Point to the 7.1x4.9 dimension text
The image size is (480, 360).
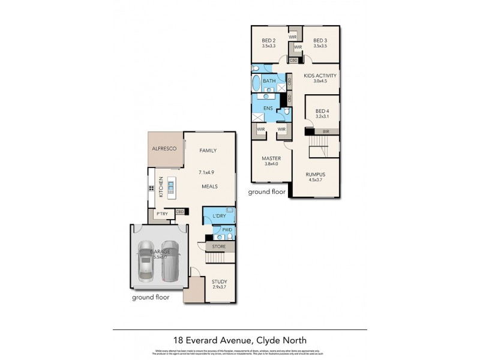pos(206,172)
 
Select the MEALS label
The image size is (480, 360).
pos(209,187)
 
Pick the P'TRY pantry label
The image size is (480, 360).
pos(161,214)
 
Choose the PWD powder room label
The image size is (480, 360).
pos(227,230)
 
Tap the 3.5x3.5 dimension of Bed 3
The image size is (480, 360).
pos(321,46)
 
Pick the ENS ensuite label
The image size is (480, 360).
pos(268,109)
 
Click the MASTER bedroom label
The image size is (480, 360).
pos(271,158)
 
